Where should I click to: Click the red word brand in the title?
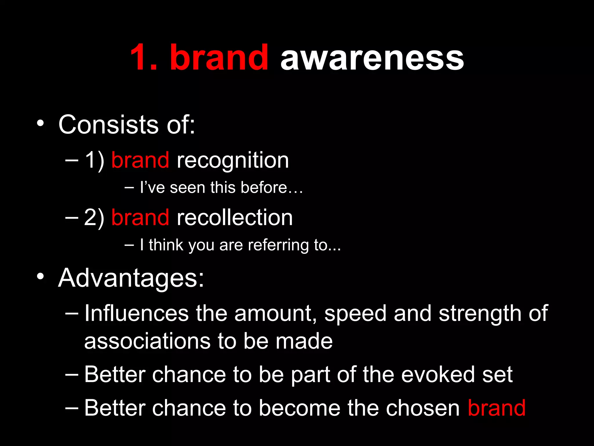pyautogui.click(x=219, y=57)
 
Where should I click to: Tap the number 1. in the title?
pyautogui.click(x=144, y=57)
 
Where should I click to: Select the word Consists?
pyautogui.click(x=108, y=125)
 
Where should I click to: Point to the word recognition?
pyautogui.click(x=233, y=161)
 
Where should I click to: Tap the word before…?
pyautogui.click(x=272, y=188)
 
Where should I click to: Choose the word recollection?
pyautogui.click(x=235, y=217)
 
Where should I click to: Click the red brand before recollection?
pyautogui.click(x=140, y=217)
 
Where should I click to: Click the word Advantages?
pyautogui.click(x=131, y=278)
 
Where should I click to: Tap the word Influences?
pyautogui.click(x=137, y=313)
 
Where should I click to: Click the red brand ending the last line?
pyautogui.click(x=497, y=408)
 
